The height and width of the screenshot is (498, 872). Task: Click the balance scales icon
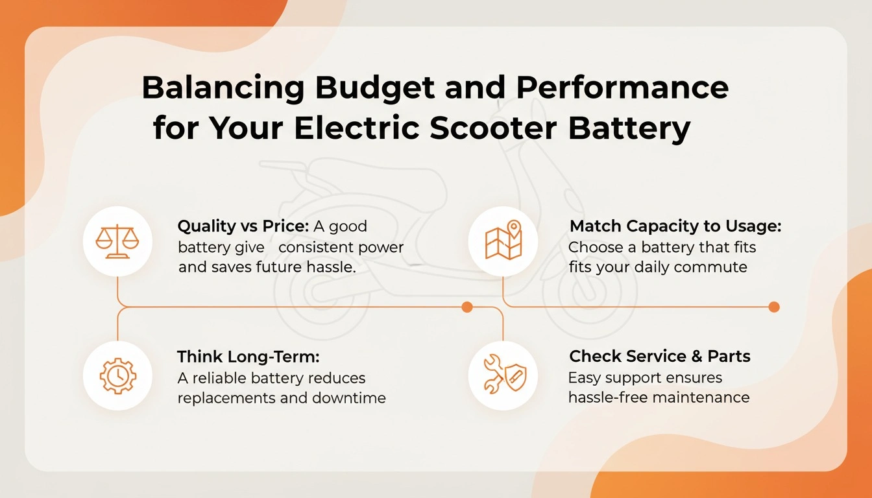[x=117, y=241]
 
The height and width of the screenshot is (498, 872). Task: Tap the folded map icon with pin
[x=503, y=241]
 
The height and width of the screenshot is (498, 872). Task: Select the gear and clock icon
[x=117, y=375]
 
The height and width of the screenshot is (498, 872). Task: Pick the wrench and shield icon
[x=503, y=375]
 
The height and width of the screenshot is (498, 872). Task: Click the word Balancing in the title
[x=213, y=87]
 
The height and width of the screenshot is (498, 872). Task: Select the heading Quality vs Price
[x=243, y=226]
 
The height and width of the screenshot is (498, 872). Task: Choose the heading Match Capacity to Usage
[x=675, y=226]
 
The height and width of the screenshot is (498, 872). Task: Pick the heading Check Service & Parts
[x=659, y=356]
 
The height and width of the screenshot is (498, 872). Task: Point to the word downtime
[x=349, y=397]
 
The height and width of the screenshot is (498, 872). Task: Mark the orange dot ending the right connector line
[x=773, y=307]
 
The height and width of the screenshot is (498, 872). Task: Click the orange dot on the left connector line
[x=466, y=307]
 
